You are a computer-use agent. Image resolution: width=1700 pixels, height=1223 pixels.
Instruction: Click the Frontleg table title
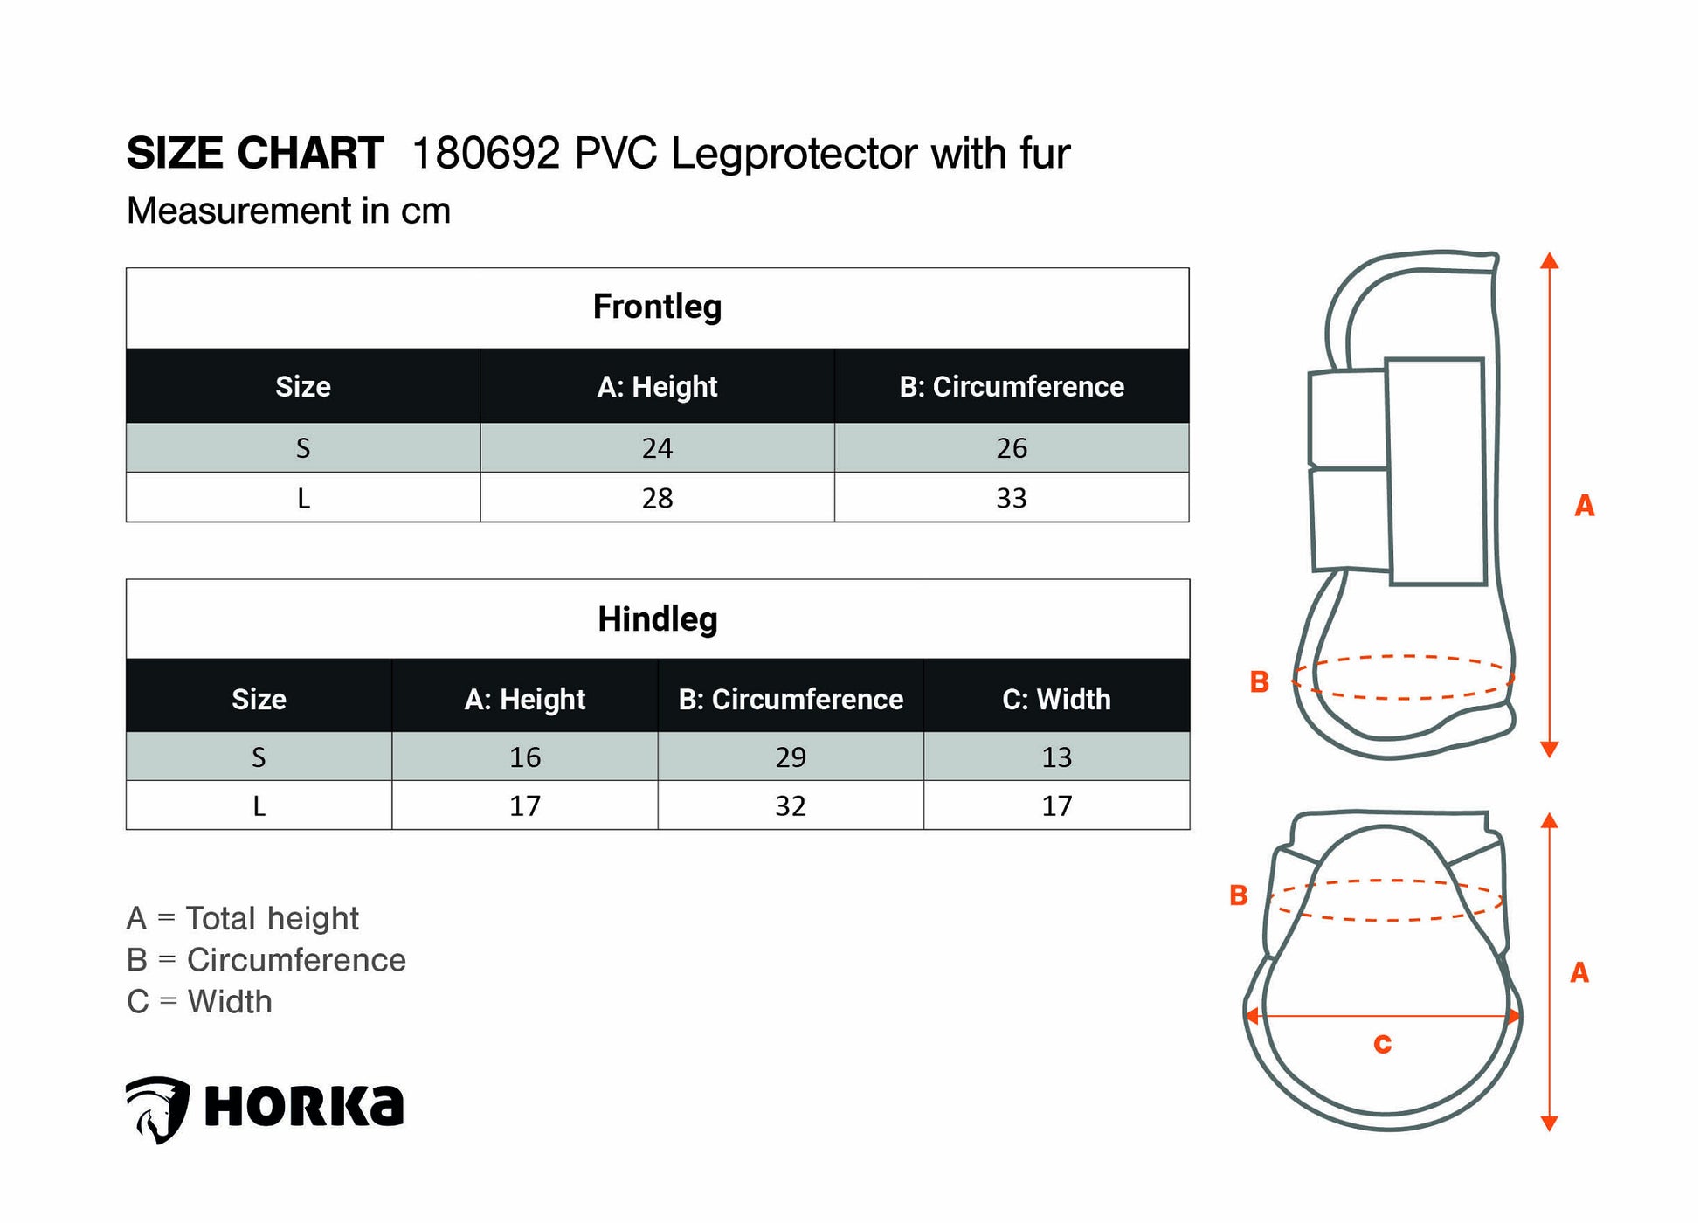pos(657,307)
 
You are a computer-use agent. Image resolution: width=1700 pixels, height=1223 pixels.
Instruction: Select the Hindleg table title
pos(657,618)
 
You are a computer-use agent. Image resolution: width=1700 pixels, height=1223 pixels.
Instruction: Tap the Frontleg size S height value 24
pos(657,448)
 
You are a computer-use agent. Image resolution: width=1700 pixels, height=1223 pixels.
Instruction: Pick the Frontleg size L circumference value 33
pos(1011,498)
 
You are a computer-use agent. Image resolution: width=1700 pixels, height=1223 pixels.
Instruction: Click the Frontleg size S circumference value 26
pos(1011,448)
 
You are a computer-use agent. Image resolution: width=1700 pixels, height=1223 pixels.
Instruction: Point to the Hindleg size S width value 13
pos(1056,757)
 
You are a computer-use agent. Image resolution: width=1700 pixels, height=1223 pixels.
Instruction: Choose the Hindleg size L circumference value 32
pos(791,805)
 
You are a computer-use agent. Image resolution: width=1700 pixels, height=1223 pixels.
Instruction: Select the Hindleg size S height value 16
pos(525,757)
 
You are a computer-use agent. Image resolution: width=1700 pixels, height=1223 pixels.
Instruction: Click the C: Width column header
pos(1056,699)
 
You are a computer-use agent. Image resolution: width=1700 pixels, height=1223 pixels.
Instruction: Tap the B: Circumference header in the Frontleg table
pos(1012,386)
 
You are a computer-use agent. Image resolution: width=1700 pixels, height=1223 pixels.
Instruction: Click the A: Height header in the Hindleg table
pos(525,699)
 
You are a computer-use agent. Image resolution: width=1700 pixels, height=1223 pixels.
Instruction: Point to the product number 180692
pos(486,154)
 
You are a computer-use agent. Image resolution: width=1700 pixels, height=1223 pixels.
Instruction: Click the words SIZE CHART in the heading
pos(255,154)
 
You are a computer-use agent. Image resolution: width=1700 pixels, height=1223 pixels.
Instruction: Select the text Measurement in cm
pos(288,211)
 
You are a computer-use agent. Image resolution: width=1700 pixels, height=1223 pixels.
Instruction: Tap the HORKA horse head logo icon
pos(157,1109)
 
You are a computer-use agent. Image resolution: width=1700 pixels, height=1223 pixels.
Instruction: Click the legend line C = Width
pos(199,1001)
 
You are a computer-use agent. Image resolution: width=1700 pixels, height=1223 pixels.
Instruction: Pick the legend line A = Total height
pos(242,918)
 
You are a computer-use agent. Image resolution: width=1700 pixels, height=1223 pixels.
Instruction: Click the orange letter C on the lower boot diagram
pos(1382,1043)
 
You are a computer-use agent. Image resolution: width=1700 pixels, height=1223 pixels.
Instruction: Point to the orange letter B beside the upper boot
pos(1259,681)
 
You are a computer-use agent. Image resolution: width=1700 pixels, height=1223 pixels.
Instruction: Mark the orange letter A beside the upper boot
pos(1584,505)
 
